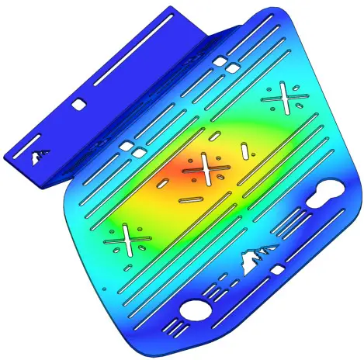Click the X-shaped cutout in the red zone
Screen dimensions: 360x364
point(204,168)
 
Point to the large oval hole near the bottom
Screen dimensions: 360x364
point(196,311)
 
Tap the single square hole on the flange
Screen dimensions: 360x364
point(78,102)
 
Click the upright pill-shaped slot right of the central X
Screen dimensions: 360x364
point(244,150)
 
